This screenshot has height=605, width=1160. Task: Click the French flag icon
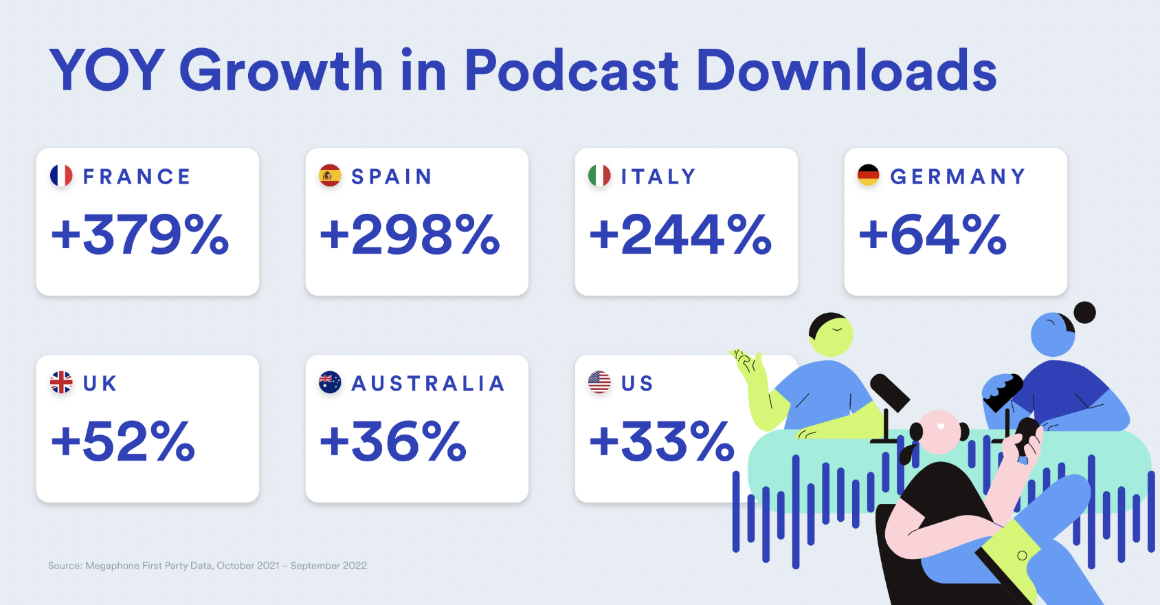[x=61, y=176]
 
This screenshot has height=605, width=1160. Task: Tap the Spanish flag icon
[x=330, y=176]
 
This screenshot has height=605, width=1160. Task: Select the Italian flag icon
[x=599, y=176]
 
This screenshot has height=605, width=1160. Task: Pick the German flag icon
[x=869, y=176]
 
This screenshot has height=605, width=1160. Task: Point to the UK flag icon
[x=61, y=382]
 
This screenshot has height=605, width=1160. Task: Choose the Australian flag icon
[x=330, y=382]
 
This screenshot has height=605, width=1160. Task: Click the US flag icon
[x=599, y=382]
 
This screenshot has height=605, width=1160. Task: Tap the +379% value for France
[x=140, y=235]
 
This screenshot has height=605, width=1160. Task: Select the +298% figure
[x=410, y=235]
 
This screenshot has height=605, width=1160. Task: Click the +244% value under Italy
[x=681, y=235]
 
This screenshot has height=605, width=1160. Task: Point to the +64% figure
[x=933, y=235]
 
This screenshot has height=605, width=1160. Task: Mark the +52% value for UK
[x=124, y=441]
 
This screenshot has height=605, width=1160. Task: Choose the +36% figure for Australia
[x=394, y=441]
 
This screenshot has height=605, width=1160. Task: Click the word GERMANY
[x=958, y=177]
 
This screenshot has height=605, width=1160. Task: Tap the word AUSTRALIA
[x=429, y=383]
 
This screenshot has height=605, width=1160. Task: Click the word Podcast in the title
[x=572, y=70]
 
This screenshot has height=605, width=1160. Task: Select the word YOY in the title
[x=107, y=70]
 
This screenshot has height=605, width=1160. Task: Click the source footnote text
[x=208, y=566]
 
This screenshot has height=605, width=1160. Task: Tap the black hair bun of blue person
[x=1084, y=313]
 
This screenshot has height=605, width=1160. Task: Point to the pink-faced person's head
[x=939, y=430]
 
